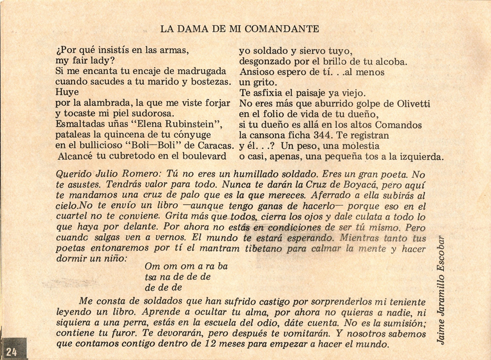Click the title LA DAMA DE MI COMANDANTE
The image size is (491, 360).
239,28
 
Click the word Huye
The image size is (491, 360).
67,92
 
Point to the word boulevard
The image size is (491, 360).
202,156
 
